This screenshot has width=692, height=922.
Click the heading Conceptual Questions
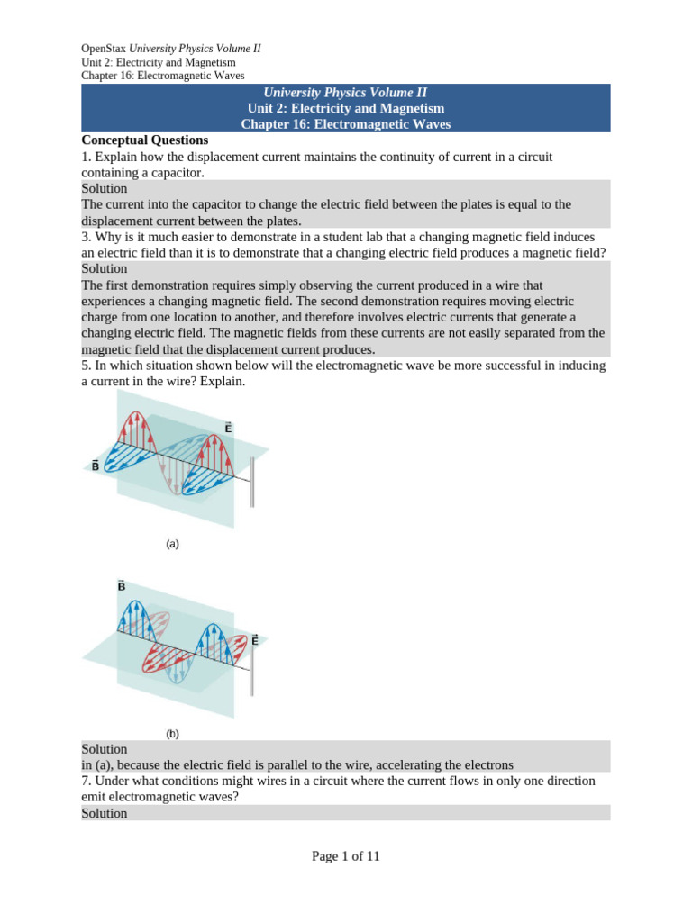(145, 140)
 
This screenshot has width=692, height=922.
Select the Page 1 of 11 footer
(346, 856)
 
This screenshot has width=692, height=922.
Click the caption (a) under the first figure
(173, 544)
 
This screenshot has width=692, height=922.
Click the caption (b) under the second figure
(173, 734)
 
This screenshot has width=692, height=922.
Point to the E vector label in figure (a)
(228, 429)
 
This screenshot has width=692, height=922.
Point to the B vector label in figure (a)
(96, 466)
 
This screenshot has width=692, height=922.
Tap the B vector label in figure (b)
(122, 586)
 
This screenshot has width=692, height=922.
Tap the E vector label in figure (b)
(255, 640)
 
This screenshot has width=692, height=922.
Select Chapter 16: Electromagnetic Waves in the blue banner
(346, 124)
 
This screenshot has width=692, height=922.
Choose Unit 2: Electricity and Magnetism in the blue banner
(346, 108)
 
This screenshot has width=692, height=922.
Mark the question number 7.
(86, 781)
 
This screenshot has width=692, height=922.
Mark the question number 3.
(86, 237)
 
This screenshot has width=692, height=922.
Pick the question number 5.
(86, 366)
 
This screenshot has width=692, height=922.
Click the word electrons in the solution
(487, 764)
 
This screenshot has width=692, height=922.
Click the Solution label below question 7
(105, 813)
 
